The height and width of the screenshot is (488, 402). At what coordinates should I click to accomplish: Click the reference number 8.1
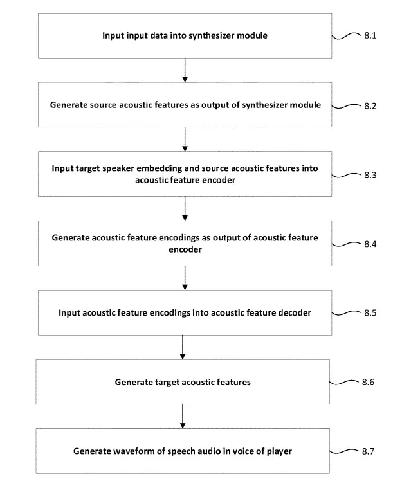pos(370,35)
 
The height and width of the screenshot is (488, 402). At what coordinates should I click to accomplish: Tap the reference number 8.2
pos(370,106)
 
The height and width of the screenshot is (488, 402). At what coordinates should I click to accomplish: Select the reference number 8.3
pos(370,176)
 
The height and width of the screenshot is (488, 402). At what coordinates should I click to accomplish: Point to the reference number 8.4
pos(370,244)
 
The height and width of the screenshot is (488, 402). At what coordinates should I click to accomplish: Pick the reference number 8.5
pos(370,312)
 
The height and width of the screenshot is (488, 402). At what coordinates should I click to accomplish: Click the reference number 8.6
pos(368,382)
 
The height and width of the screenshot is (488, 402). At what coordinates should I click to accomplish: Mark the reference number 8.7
pos(368,451)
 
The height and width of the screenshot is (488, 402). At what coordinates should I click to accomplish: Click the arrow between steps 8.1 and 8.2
pos(185,70)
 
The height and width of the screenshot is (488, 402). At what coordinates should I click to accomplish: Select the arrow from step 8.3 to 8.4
pos(185,208)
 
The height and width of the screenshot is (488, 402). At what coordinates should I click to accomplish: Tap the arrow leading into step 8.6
pos(183,347)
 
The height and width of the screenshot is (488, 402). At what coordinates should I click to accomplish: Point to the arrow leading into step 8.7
pos(183,416)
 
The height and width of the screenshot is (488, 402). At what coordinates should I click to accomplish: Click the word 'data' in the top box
pos(158,35)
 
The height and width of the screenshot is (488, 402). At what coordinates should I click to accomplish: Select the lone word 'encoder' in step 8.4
pos(185,249)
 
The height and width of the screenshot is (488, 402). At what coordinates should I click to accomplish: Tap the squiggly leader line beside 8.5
pos(345,313)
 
